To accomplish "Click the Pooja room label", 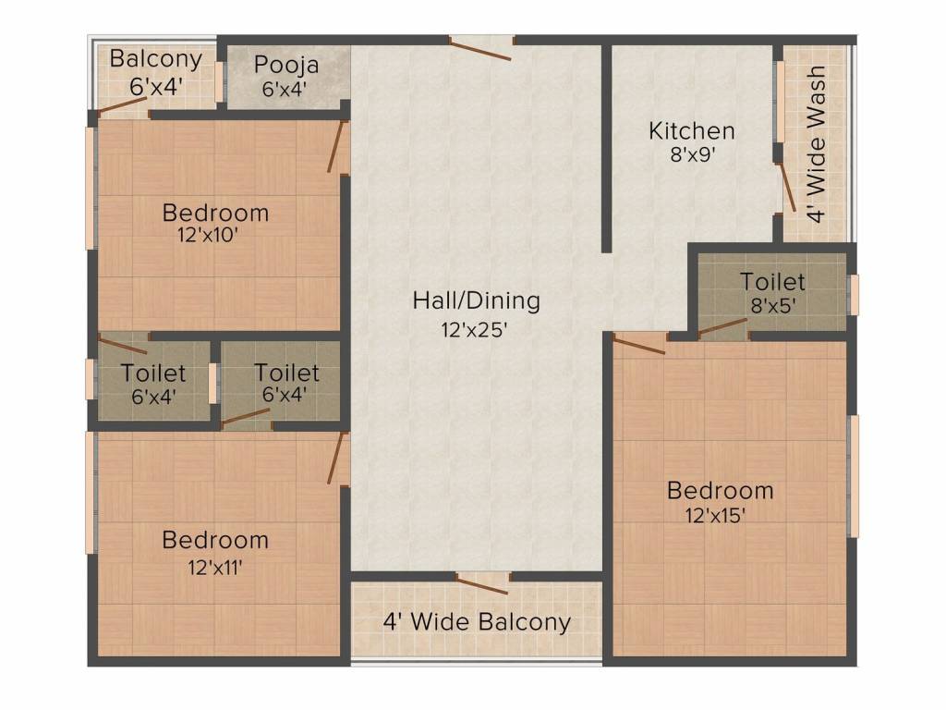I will [x=286, y=66].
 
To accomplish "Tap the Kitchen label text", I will [x=691, y=130].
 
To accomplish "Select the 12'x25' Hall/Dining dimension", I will [x=476, y=328].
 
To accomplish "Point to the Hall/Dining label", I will [x=476, y=300].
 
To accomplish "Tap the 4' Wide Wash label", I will [x=816, y=144].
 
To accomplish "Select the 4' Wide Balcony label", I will [x=477, y=622].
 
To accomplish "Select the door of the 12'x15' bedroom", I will [x=638, y=346].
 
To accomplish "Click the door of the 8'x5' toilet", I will [x=723, y=326].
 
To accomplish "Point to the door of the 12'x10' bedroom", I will [x=336, y=146].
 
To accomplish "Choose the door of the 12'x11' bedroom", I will [x=336, y=458].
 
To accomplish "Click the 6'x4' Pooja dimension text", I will [x=285, y=89].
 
